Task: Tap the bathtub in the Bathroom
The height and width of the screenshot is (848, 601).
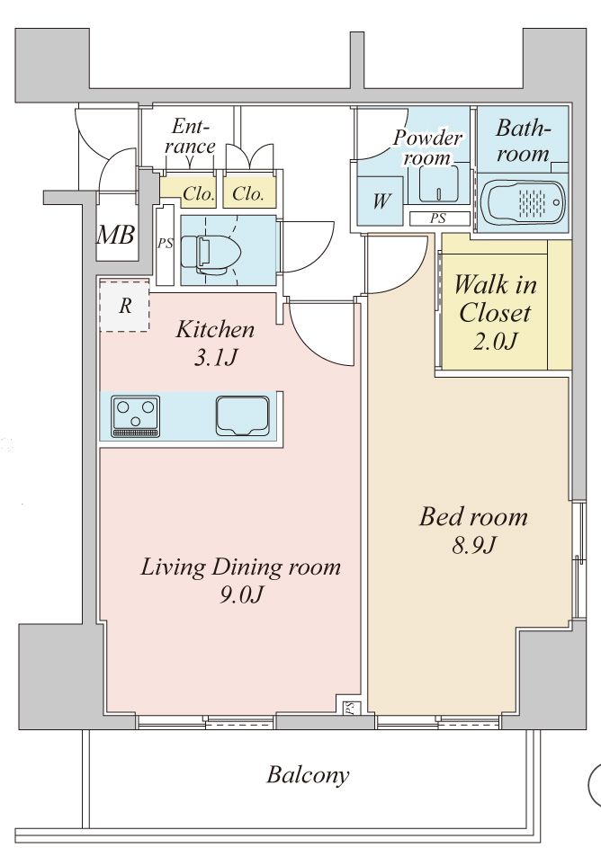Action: click(523, 201)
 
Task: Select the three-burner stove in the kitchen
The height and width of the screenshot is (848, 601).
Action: click(135, 415)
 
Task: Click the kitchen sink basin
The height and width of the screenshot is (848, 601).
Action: click(243, 415)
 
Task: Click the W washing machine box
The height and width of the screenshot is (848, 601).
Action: click(381, 200)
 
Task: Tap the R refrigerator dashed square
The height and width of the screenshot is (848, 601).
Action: click(124, 306)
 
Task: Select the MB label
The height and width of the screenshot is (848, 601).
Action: click(116, 237)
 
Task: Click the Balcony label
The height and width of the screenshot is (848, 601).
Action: click(308, 774)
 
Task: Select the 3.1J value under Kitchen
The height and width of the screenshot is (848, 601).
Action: click(214, 357)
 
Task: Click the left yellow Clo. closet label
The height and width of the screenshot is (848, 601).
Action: click(197, 192)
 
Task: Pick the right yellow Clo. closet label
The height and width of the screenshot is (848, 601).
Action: click(248, 192)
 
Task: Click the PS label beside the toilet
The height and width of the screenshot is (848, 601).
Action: click(165, 244)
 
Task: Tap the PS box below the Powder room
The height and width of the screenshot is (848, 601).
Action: click(438, 218)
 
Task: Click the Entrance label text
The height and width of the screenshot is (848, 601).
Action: click(192, 136)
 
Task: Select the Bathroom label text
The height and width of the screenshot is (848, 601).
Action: click(522, 140)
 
